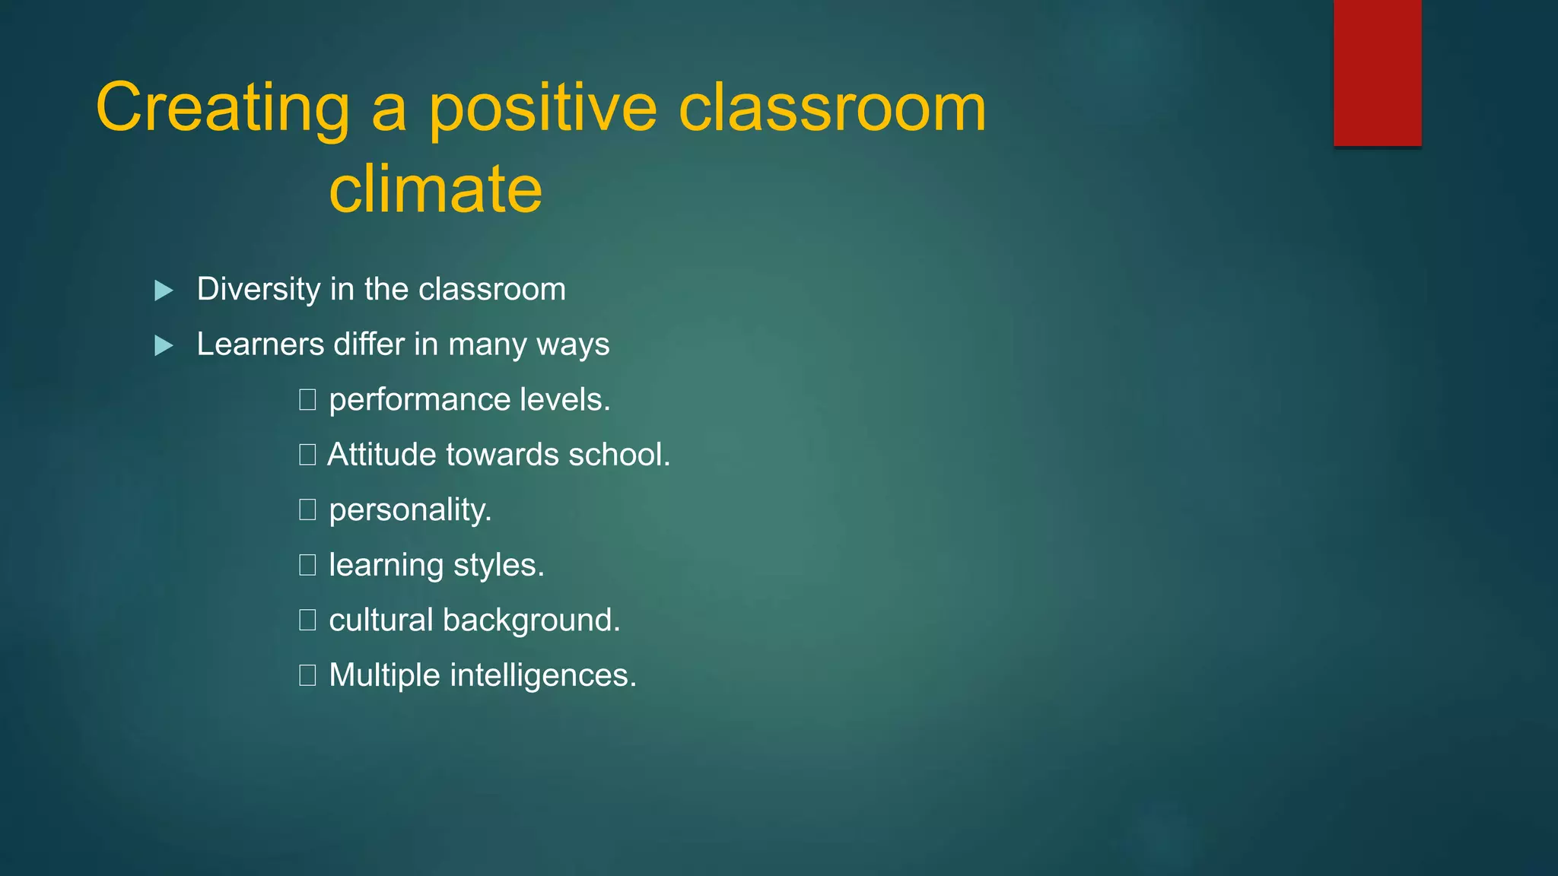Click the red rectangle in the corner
coord(1377,73)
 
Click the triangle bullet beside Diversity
coord(164,290)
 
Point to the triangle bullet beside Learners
coord(164,346)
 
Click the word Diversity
coord(259,289)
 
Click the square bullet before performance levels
coord(307,399)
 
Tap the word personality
coord(410,510)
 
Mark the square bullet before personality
coord(307,509)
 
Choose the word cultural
coord(380,620)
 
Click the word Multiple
coord(384,676)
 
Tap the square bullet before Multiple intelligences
coord(307,675)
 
